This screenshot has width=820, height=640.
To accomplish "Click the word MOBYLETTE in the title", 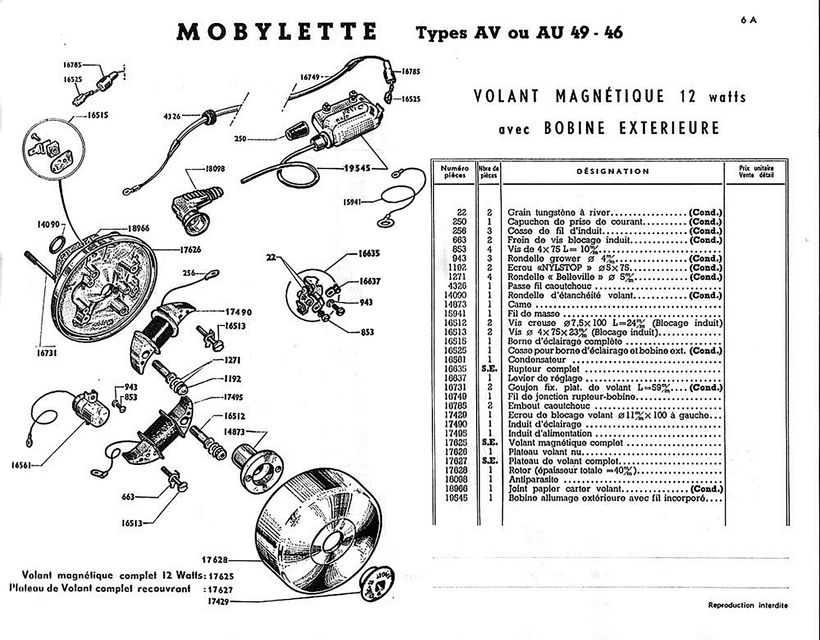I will [x=276, y=32].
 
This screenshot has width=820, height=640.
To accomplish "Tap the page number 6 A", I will [x=748, y=20].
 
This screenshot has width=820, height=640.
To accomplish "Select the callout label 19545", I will [x=357, y=168].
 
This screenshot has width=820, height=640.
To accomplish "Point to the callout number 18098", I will [x=215, y=169].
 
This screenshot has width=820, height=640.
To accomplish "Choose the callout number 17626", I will [x=190, y=249].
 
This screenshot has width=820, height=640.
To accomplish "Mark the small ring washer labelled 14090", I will [x=58, y=245].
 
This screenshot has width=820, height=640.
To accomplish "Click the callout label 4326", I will [x=173, y=116].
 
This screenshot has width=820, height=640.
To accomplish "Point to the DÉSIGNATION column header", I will [x=613, y=171].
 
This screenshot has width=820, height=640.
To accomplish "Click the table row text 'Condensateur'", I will [x=537, y=360].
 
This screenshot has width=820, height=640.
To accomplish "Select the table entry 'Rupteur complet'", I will [x=543, y=369].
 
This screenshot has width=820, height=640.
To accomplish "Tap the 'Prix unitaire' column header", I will [x=756, y=171].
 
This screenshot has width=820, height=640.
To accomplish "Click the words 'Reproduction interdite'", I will [x=747, y=605].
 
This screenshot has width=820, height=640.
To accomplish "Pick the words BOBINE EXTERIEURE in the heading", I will [x=632, y=129].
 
